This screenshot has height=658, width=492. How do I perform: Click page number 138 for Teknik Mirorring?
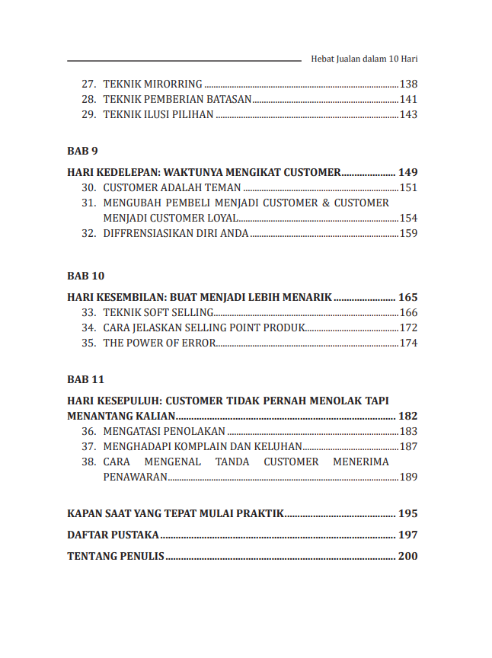pos(408,85)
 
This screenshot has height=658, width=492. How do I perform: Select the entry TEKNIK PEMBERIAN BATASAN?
pos(177,100)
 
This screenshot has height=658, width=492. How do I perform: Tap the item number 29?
pos(88,115)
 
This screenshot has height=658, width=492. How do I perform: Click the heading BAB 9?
pos(82,150)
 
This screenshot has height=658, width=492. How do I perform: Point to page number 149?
pos(407,173)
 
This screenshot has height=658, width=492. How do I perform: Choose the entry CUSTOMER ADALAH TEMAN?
pos(172,188)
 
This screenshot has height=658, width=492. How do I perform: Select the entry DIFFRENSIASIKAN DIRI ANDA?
pos(176,234)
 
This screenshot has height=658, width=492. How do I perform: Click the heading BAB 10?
pos(85,275)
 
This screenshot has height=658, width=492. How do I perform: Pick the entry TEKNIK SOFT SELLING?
pos(158,313)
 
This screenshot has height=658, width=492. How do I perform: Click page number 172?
pos(408,328)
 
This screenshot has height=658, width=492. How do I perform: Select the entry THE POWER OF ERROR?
pos(158,343)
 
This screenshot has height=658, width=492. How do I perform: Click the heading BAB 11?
pos(85,379)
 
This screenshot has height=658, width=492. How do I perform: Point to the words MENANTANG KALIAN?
pos(122,417)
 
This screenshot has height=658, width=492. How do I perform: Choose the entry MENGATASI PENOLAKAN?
pos(164,432)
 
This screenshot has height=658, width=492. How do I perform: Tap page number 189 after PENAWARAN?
pos(408,478)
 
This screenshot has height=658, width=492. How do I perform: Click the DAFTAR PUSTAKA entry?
pos(113,535)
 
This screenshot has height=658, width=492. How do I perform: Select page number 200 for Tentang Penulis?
pos(407,557)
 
